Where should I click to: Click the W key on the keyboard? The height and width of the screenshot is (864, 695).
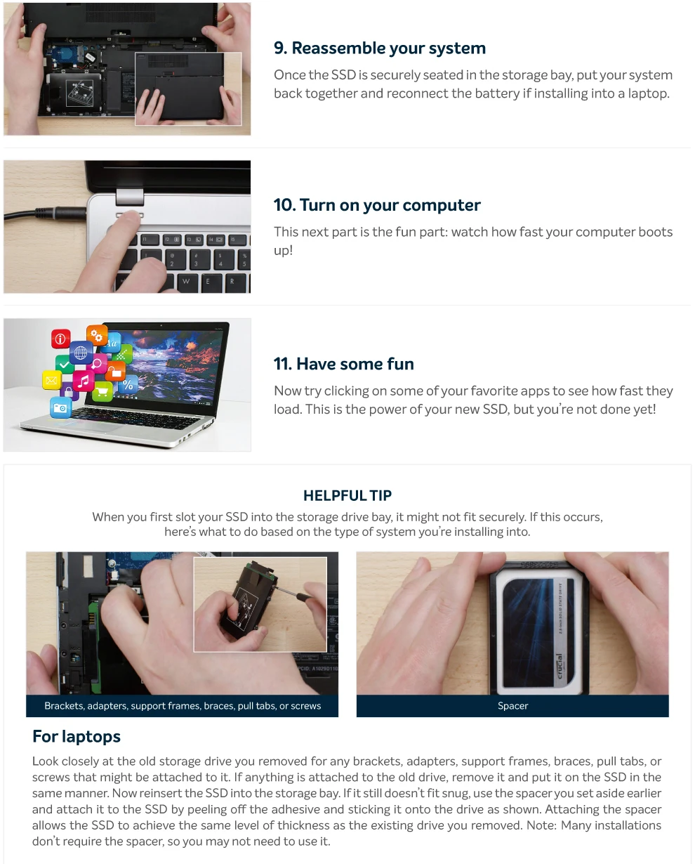186,282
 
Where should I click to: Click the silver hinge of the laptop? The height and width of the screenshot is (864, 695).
130,197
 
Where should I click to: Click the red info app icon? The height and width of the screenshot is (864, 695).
60,339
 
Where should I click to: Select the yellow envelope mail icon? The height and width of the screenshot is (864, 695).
51,380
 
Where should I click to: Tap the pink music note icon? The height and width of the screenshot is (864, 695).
84,381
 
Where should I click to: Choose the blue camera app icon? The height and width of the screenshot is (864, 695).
60,408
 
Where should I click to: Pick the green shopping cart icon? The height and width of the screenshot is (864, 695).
102,391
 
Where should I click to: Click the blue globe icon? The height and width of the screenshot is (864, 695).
81,353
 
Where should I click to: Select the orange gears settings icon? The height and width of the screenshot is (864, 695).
97,335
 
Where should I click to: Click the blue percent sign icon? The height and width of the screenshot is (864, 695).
128,385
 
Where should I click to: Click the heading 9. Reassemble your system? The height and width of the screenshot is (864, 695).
380,48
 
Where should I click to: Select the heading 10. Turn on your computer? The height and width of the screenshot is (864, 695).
377,205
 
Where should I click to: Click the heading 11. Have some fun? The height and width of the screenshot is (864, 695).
343,364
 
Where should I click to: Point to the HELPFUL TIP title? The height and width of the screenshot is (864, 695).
347,495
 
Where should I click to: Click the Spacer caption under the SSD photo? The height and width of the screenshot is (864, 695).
512,705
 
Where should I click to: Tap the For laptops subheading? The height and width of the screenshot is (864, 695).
77,737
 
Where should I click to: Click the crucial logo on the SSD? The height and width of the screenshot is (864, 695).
560,667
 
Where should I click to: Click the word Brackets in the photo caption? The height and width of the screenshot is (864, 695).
64,705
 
